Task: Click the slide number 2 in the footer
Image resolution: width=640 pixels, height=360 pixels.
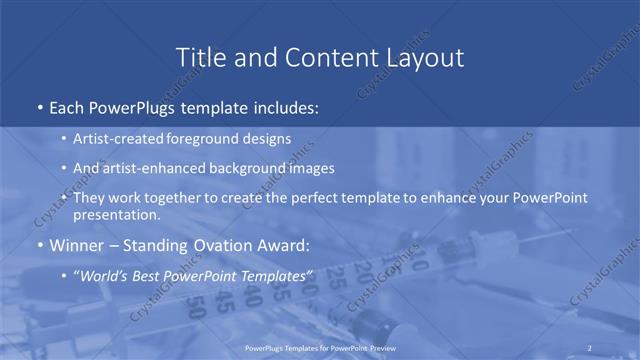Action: coord(590,348)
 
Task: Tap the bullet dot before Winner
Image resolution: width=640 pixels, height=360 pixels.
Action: coord(38,245)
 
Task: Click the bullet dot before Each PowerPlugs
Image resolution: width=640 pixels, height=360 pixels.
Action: coord(38,105)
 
